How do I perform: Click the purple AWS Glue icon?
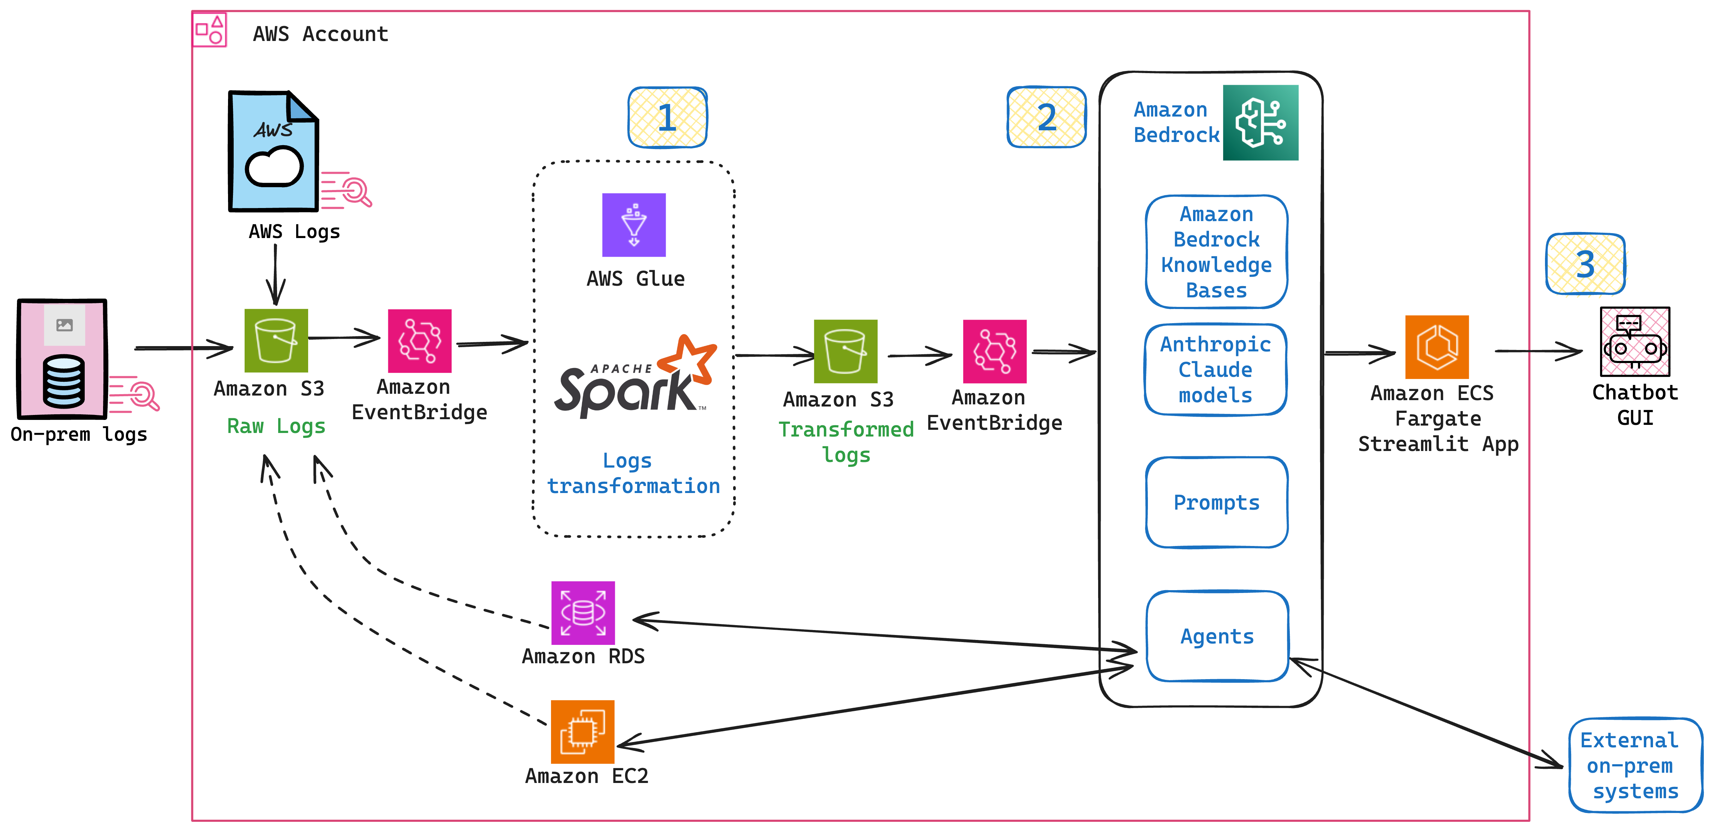pos(633,225)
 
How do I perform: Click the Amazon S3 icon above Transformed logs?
pos(845,351)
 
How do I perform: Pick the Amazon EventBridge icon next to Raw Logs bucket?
pos(420,341)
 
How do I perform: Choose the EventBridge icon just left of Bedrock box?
pos(994,351)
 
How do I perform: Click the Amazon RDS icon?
pos(582,613)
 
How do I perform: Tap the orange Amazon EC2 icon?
pos(582,732)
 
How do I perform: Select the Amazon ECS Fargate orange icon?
pos(1436,347)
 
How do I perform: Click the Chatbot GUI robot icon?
pos(1635,342)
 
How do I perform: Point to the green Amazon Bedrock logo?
pos(1260,123)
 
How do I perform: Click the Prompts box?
pos(1216,502)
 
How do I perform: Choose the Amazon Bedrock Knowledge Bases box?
pos(1216,252)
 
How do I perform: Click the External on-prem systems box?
pos(1635,765)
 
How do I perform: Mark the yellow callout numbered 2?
pos(1046,118)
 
